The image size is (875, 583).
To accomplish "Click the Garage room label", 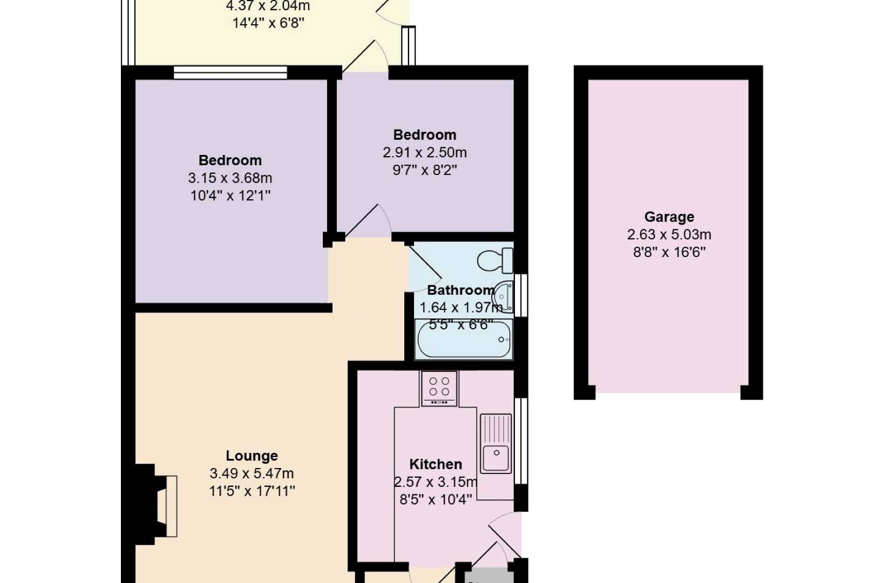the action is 669,217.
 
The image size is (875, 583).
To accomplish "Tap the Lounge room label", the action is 252,456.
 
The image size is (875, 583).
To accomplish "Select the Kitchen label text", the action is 436,464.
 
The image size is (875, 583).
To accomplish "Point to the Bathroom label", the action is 461,290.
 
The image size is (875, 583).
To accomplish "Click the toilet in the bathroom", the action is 495,261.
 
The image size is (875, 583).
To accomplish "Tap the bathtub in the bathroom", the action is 464,339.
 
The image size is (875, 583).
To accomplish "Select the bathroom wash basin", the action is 503,297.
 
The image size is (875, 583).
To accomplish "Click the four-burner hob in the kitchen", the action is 439,389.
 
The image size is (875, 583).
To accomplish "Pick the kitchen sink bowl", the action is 496,458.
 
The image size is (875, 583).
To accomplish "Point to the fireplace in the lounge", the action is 156,506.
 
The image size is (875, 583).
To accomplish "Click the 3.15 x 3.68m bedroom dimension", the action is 230,178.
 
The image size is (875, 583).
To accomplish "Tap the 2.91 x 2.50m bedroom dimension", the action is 425,152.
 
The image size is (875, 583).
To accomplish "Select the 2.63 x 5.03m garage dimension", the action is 669,234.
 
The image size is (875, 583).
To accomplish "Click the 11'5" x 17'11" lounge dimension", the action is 252,491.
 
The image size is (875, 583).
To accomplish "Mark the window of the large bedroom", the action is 230,73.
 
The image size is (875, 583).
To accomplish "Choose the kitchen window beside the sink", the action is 521,441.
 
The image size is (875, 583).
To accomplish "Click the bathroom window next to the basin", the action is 521,295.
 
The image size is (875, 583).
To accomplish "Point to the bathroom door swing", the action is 425,267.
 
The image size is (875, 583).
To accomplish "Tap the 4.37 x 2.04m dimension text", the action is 268,6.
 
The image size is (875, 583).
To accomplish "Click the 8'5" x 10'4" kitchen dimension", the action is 436,499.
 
